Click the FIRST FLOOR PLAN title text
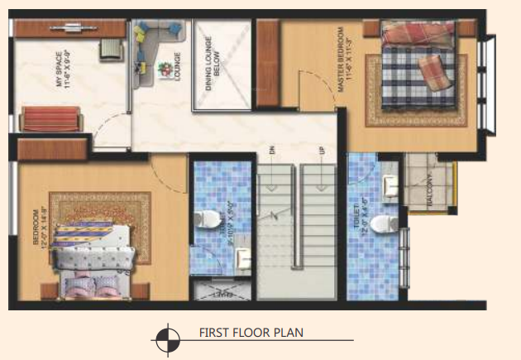click(251, 334)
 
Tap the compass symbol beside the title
click(167, 338)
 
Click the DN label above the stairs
click(270, 151)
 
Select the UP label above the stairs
click(322, 151)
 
